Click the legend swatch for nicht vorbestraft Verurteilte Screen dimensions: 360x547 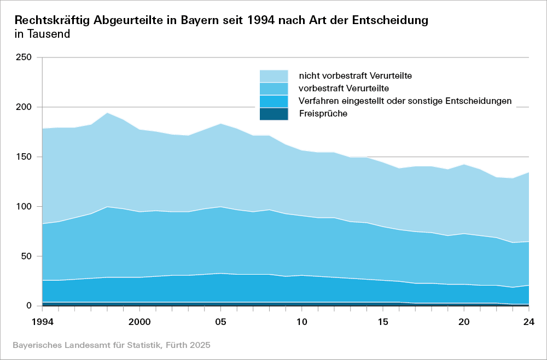pos(273,76)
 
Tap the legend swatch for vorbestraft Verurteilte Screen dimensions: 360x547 pos(273,89)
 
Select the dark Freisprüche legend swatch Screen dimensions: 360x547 pos(273,114)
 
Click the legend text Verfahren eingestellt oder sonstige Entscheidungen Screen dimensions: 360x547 pos(405,101)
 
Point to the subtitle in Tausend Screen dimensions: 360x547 pos(42,34)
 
